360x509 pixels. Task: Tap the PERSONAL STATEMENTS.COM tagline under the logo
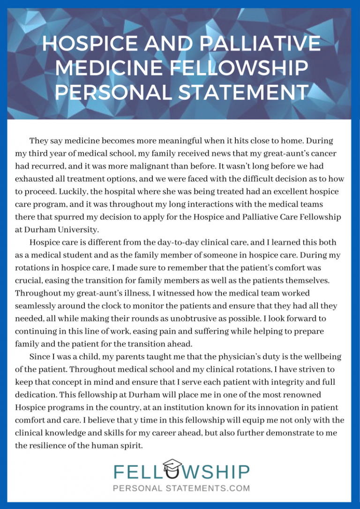[x=181, y=488]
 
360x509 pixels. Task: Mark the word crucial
[x=28, y=280]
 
